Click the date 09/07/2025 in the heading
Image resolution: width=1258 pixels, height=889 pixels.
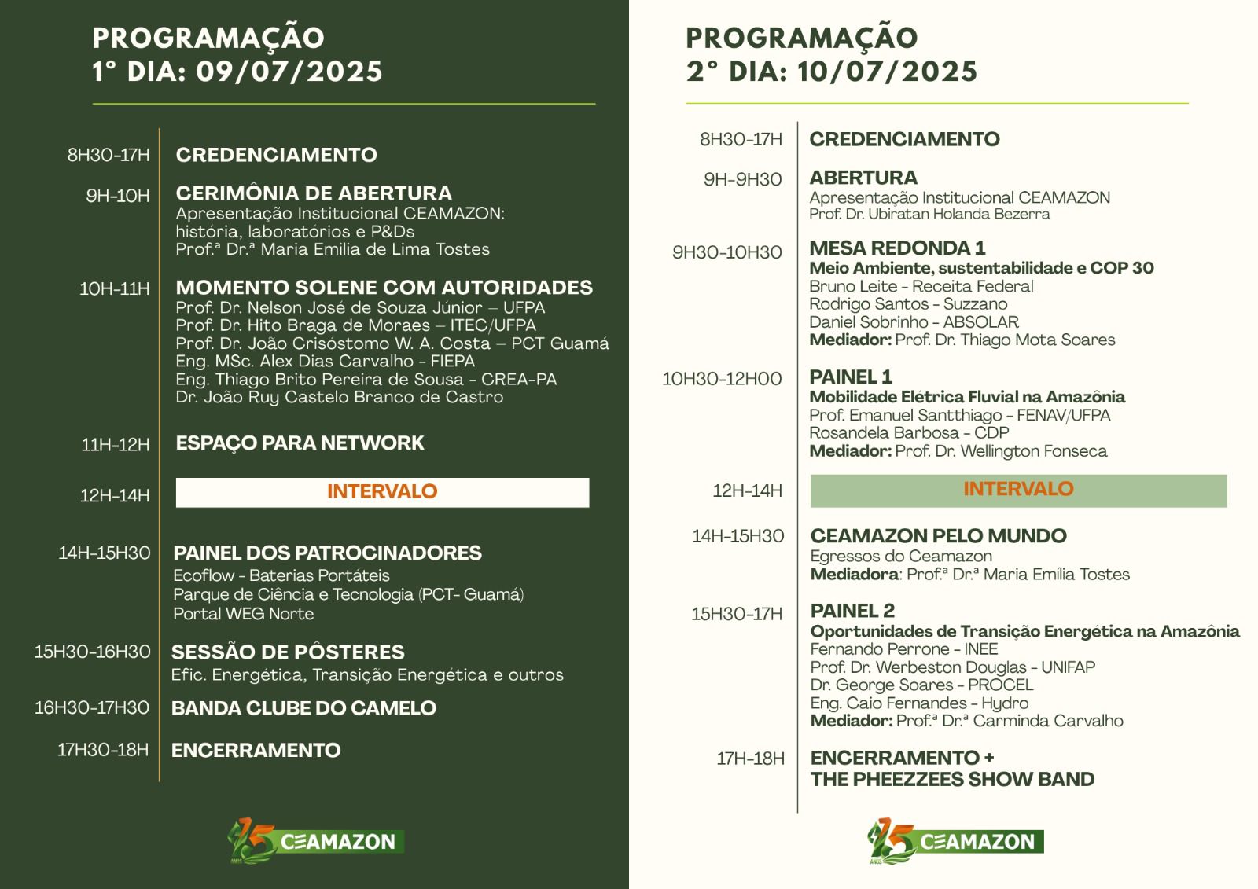pos(289,72)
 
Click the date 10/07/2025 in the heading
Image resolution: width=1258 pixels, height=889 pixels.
pos(887,72)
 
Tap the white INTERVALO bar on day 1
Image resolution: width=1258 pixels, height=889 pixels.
pos(382,492)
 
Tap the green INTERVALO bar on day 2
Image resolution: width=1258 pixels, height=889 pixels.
pos(1018,490)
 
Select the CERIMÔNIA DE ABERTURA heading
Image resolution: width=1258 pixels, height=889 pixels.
pos(314,193)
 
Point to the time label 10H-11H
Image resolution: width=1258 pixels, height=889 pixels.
pos(115,289)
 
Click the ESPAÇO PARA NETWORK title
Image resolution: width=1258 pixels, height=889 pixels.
pos(300,443)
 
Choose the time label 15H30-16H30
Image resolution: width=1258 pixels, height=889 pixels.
pos(93,652)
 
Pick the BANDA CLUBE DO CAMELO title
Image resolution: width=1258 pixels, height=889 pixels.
pos(303,708)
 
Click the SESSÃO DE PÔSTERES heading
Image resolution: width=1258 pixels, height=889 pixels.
pos(288,652)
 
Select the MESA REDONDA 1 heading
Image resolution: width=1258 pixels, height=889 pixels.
pos(897,248)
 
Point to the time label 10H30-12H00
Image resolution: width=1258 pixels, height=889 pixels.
pos(722,380)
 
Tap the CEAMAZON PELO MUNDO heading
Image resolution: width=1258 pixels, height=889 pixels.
pos(938,536)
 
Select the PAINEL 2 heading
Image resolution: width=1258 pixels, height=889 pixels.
pos(852,612)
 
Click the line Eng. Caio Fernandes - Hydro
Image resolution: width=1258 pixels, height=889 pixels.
pos(919,703)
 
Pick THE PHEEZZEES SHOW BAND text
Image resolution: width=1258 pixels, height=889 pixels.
pos(952,780)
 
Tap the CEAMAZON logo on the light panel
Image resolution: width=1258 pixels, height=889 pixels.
pos(956,840)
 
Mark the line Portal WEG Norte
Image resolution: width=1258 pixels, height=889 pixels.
pos(244,614)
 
